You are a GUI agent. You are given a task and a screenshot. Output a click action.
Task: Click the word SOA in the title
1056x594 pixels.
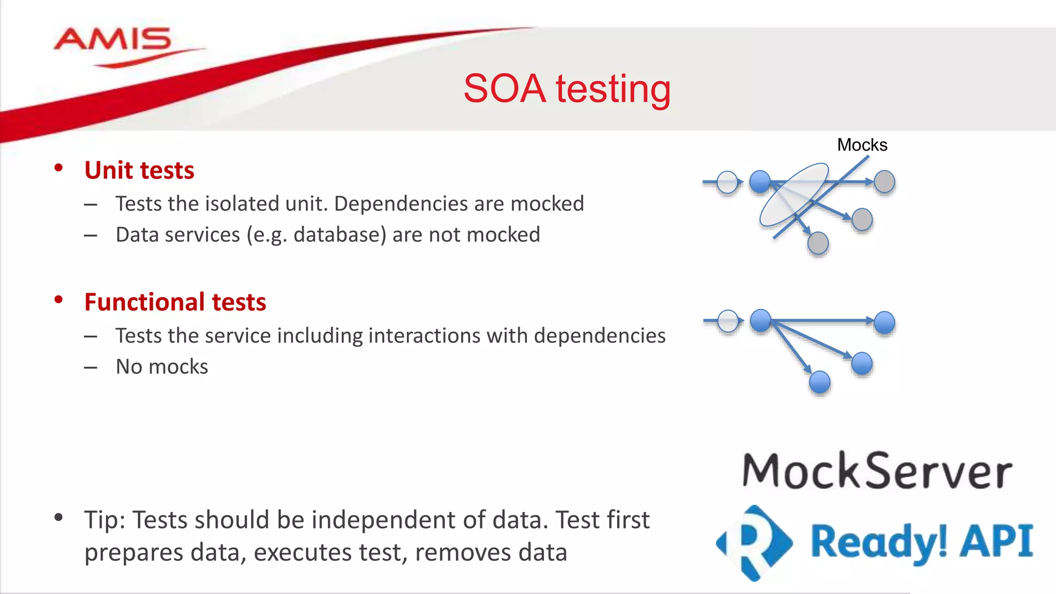click(504, 89)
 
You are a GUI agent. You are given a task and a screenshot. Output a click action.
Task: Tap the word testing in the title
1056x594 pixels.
click(613, 90)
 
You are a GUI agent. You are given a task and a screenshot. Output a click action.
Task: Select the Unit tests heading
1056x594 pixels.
click(139, 170)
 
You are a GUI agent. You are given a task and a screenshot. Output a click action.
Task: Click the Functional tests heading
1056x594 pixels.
click(175, 302)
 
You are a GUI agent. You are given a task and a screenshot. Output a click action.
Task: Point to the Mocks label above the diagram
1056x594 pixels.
click(862, 145)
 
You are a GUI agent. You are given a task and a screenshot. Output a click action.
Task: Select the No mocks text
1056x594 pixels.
click(162, 367)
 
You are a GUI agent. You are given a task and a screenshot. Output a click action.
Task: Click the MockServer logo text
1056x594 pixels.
click(877, 471)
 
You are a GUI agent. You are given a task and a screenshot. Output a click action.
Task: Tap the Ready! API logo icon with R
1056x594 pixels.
click(754, 542)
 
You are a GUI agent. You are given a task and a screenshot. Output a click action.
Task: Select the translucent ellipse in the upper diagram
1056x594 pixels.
click(794, 195)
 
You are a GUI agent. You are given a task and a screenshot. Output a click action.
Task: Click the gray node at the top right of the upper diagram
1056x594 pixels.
click(884, 181)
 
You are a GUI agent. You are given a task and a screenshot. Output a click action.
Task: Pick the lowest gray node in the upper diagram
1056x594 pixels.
click(818, 243)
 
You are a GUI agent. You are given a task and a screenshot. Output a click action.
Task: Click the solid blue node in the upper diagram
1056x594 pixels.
click(760, 181)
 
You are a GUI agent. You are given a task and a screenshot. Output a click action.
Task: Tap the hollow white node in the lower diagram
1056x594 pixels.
click(728, 321)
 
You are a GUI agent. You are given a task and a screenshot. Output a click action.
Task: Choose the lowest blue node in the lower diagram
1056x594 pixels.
click(819, 382)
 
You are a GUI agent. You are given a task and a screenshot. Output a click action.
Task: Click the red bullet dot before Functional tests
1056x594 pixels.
click(59, 300)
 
